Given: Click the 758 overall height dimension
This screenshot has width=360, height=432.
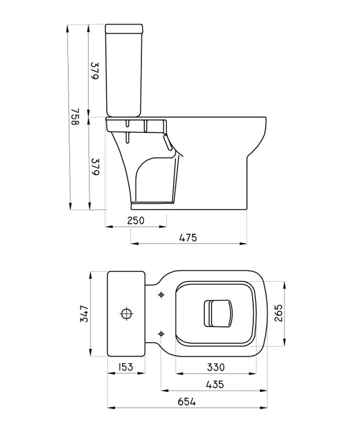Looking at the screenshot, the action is click(x=75, y=116).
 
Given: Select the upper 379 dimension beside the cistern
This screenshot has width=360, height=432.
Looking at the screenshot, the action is click(x=94, y=71).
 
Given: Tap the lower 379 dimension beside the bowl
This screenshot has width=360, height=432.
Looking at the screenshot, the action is click(x=95, y=167).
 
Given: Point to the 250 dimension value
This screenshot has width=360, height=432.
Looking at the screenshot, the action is click(x=136, y=220).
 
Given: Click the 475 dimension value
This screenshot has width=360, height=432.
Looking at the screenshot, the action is click(x=188, y=238).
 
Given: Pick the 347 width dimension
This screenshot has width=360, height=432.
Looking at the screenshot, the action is click(x=84, y=314).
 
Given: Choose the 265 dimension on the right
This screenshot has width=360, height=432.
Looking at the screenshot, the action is click(x=278, y=313).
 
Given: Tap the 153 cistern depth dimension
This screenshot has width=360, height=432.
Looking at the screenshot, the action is click(x=126, y=367).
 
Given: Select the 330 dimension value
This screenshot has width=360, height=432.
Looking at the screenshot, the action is click(x=215, y=367).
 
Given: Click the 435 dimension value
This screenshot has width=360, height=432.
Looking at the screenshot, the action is click(x=215, y=385).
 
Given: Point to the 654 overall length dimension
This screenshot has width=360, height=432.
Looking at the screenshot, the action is click(x=187, y=402).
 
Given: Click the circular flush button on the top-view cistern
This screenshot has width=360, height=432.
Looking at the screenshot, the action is click(x=127, y=314).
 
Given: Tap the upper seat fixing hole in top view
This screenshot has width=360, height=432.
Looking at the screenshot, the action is click(x=161, y=295).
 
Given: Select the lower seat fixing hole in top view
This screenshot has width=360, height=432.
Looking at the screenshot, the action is click(x=161, y=334).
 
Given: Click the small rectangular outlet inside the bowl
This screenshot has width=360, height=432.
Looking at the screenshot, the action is click(x=218, y=314).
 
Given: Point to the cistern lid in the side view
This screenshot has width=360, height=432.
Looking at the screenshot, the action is click(x=124, y=28).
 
